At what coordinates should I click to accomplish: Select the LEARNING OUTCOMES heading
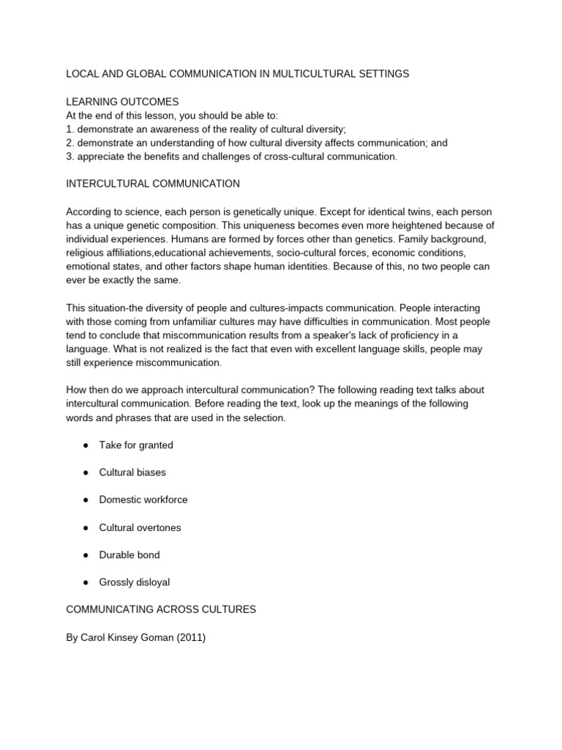(122, 102)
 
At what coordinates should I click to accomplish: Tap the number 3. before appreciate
(70, 157)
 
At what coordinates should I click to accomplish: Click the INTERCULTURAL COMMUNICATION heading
(153, 184)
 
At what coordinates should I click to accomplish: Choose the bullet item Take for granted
(136, 445)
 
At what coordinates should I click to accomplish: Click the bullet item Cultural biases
(132, 472)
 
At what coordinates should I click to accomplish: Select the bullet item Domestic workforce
(143, 500)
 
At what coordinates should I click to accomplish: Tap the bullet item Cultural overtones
(140, 527)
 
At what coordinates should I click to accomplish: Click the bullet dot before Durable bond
(86, 555)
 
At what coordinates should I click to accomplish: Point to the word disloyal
(153, 582)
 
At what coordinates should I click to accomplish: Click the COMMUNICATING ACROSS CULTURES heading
(161, 610)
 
